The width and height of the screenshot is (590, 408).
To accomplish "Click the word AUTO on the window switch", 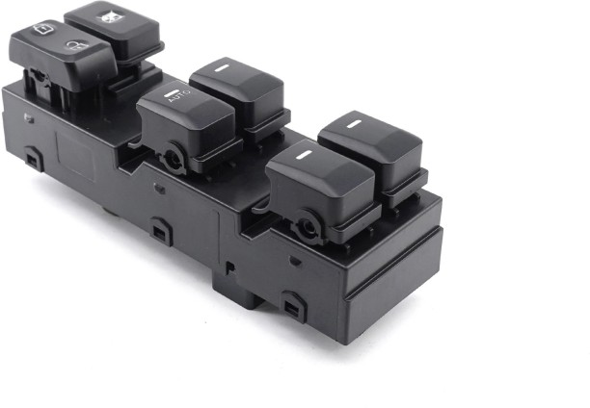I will [x=174, y=96].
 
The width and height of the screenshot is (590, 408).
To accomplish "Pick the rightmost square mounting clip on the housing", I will [x=293, y=310].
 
